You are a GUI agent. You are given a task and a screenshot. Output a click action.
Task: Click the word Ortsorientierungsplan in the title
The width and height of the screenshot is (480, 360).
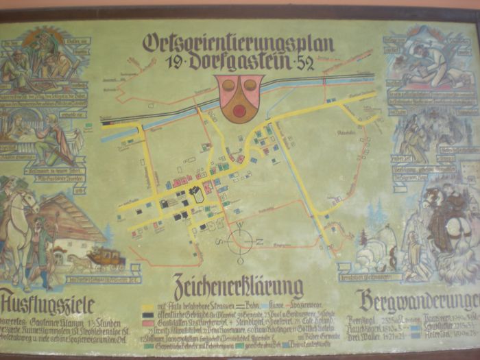tap(238, 43)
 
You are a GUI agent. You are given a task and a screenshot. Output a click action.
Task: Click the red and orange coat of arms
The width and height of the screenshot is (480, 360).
tap(239, 96)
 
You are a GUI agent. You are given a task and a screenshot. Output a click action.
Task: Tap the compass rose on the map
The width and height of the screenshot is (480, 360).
tap(241, 241)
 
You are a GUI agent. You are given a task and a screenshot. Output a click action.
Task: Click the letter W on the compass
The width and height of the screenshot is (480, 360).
tap(240, 225)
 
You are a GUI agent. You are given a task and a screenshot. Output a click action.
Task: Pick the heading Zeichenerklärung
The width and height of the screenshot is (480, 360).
tap(239, 286)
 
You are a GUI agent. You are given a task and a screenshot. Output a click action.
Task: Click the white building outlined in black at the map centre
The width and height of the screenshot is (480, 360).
tap(197, 195)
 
